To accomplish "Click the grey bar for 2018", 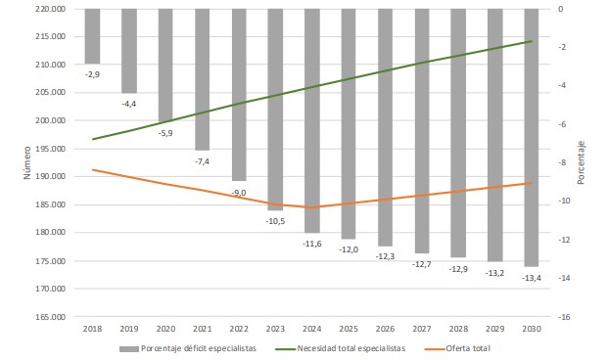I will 92,36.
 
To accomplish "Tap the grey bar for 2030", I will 532,137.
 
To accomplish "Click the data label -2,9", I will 92,73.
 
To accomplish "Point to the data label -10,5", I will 275,221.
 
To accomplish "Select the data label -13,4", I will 532,278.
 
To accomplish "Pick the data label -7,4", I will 202,159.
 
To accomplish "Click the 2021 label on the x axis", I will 202,330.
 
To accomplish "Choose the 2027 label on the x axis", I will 422,330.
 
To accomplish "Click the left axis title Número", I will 28,163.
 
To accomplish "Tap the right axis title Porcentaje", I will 581,162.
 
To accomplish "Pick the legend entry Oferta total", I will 464,348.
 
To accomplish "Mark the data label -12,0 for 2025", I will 349,249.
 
